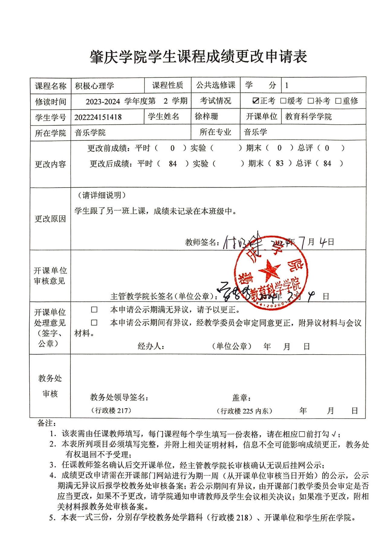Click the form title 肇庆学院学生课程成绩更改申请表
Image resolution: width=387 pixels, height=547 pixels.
click(x=198, y=56)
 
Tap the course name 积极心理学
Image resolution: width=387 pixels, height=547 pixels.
click(x=94, y=86)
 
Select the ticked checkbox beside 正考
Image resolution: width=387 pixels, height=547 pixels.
click(x=256, y=101)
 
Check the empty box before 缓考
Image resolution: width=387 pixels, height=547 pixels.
click(x=283, y=101)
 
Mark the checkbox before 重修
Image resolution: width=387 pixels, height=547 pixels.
click(x=338, y=101)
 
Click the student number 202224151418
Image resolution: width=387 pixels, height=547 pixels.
click(x=98, y=117)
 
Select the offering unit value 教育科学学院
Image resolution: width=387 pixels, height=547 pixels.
click(x=308, y=117)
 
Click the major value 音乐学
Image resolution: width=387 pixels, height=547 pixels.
click(x=255, y=132)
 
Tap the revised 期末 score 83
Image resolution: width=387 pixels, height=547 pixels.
click(x=280, y=163)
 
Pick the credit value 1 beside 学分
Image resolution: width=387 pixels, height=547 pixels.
click(x=287, y=85)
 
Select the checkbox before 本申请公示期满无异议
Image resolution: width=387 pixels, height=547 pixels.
click(x=94, y=310)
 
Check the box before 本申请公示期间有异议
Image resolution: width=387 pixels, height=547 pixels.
click(x=94, y=323)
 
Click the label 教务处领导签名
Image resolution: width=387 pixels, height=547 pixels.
click(x=119, y=397)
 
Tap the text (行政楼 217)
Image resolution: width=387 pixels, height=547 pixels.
click(x=111, y=410)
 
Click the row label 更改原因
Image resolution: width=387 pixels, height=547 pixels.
click(x=50, y=219)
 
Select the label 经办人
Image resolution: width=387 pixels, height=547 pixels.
click(x=151, y=346)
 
